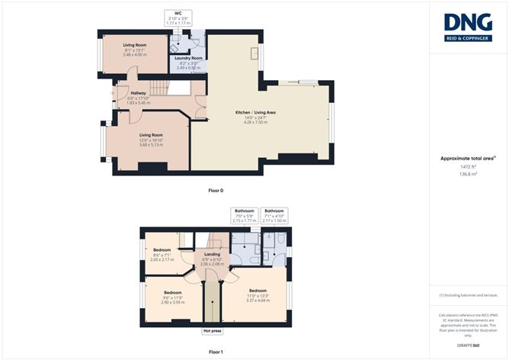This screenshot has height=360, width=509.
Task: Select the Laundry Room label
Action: click(x=188, y=58)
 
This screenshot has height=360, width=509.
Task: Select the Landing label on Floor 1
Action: click(x=211, y=255)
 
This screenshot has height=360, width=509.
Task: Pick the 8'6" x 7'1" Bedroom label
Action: click(x=162, y=250)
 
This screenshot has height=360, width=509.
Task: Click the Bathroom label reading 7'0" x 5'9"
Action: click(x=244, y=211)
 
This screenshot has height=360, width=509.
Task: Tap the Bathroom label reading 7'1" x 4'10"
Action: click(x=274, y=211)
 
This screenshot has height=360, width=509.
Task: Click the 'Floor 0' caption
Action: click(x=216, y=190)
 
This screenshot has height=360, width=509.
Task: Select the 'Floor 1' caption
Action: click(x=216, y=352)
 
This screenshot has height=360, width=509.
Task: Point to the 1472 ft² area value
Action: click(x=468, y=166)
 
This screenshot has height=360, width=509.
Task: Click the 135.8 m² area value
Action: click(x=468, y=174)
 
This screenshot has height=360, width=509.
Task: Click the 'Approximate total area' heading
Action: click(x=467, y=158)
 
